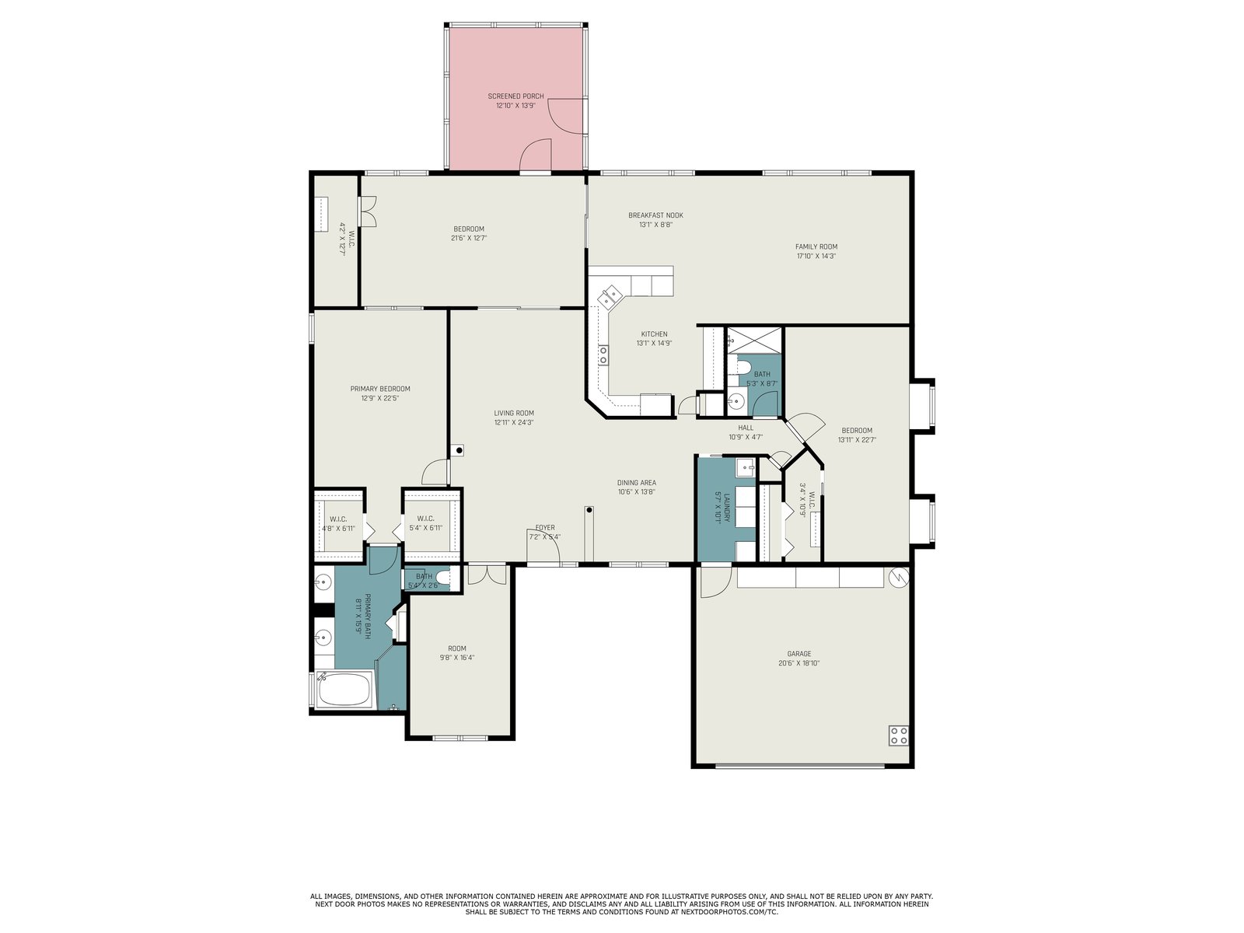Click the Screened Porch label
(515, 96)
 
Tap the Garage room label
(798, 654)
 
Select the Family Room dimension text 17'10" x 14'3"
(816, 256)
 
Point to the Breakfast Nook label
(655, 215)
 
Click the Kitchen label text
(654, 334)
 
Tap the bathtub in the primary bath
(344, 690)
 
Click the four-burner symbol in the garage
(899, 736)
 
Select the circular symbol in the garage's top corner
(900, 577)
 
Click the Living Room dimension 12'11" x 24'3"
(513, 422)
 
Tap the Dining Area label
(637, 483)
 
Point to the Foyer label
(545, 527)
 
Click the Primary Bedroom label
(379, 389)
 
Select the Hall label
(746, 428)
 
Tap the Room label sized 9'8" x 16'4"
(457, 648)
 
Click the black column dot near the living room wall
(459, 451)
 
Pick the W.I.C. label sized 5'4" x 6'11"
(425, 519)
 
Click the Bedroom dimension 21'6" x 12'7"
(469, 238)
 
